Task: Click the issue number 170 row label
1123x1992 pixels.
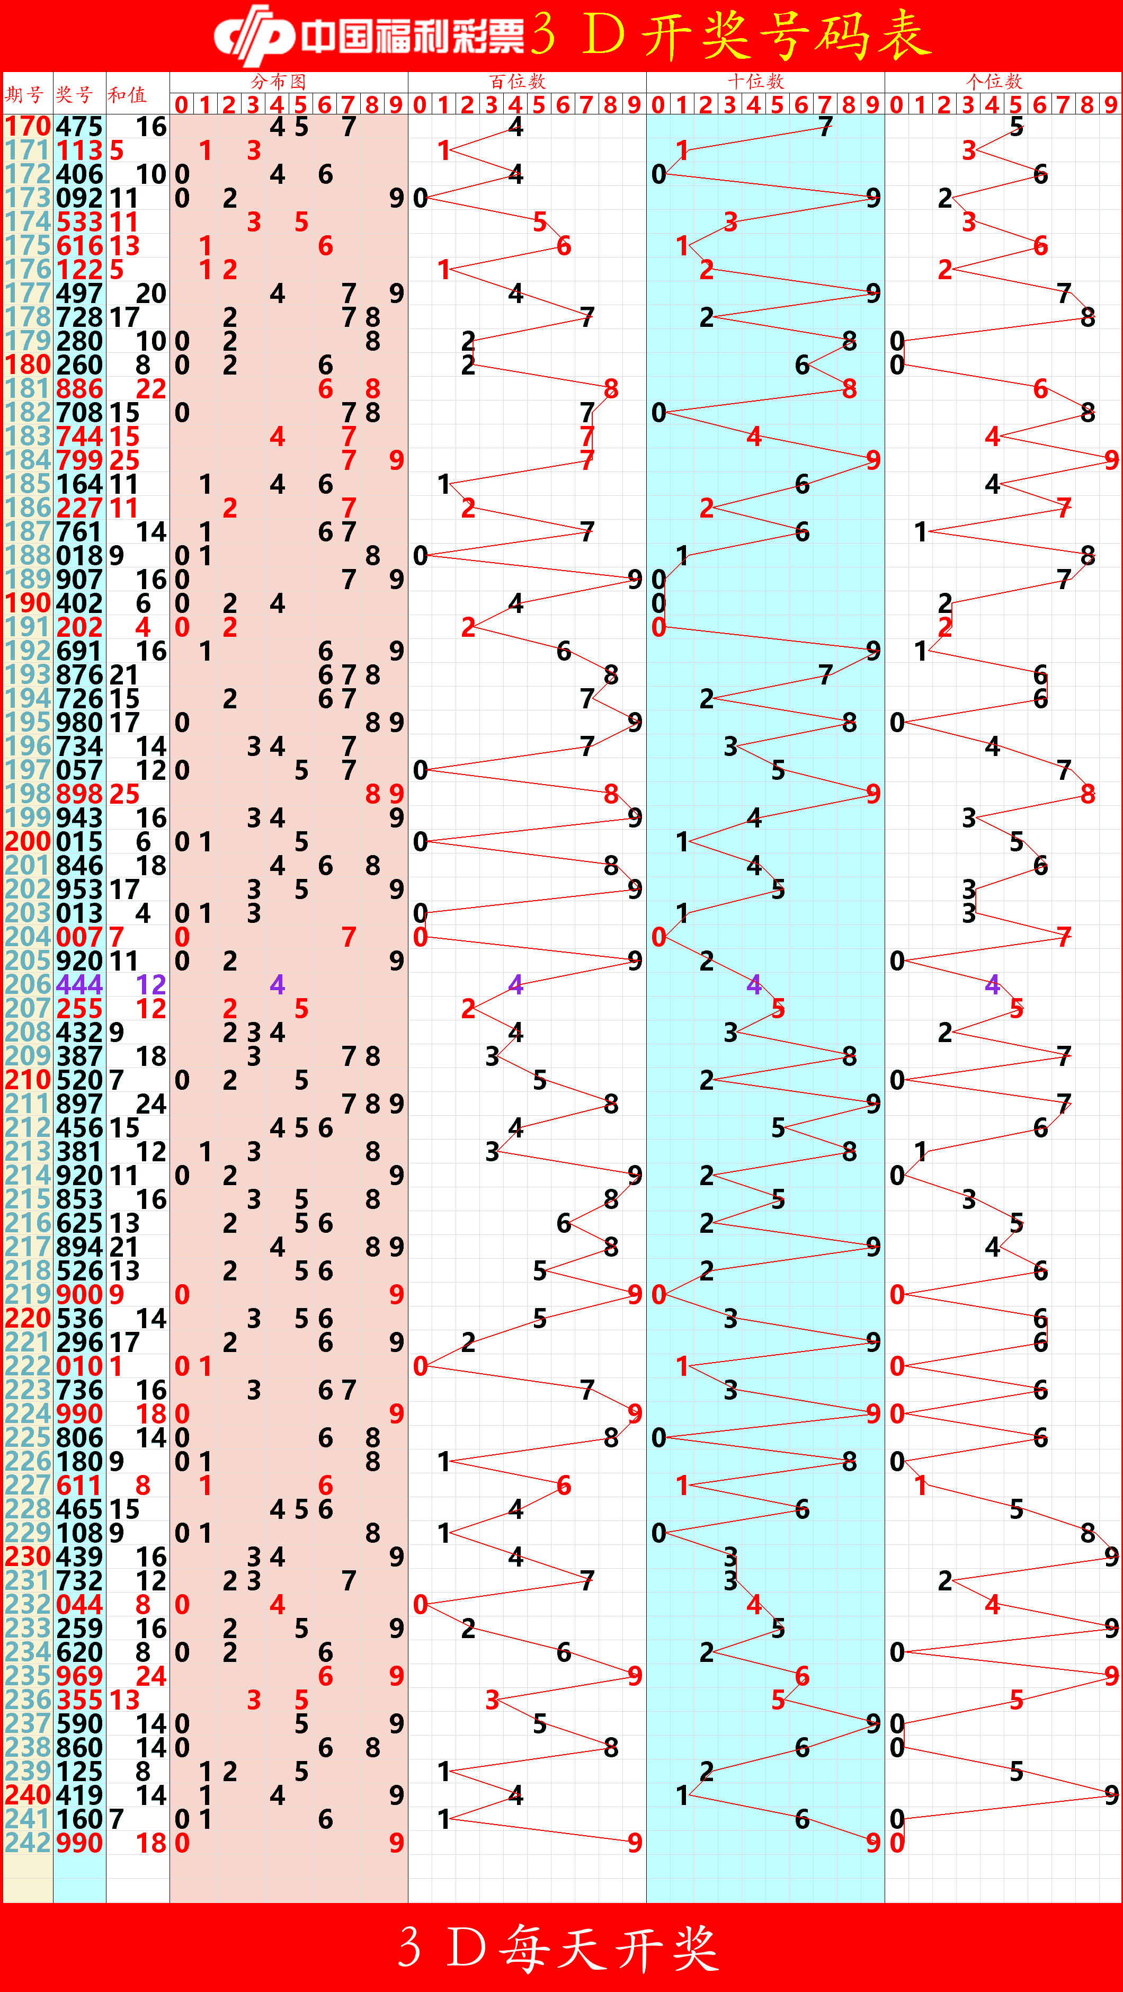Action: click(28, 126)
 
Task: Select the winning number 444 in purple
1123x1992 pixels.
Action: click(79, 984)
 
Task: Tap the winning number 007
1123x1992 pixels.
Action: click(79, 937)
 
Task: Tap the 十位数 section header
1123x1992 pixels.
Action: click(755, 81)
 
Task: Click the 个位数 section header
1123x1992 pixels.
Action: click(994, 81)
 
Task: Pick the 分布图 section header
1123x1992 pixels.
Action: click(279, 81)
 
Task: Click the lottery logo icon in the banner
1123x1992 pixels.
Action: click(254, 35)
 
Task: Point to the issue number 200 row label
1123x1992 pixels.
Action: click(28, 841)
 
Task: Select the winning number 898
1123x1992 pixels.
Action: click(79, 794)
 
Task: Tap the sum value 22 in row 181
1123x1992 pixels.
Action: click(151, 388)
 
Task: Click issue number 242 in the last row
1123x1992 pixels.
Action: click(28, 1842)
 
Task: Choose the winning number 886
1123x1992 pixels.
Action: click(79, 388)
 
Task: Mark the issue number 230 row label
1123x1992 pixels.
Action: click(28, 1556)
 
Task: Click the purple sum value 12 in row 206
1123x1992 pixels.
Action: click(151, 984)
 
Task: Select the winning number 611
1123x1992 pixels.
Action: click(79, 1484)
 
